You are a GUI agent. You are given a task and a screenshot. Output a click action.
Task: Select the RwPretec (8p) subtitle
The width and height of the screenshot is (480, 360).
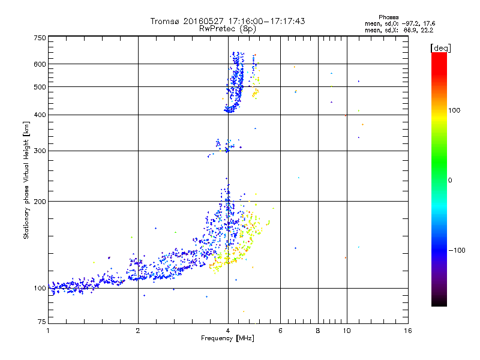(x=227, y=28)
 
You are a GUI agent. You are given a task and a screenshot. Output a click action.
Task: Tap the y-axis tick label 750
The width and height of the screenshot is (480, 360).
(x=40, y=38)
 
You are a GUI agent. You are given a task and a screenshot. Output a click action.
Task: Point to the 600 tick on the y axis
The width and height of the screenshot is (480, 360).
(x=40, y=64)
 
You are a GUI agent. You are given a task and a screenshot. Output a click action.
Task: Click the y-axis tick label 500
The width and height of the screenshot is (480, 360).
(x=40, y=87)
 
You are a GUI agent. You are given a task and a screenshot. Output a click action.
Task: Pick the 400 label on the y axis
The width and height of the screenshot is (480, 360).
(x=40, y=115)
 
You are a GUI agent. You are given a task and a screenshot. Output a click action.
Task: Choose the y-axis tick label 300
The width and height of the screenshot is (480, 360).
(x=40, y=151)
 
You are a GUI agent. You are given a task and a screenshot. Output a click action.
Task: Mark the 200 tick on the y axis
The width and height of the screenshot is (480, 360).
(x=40, y=202)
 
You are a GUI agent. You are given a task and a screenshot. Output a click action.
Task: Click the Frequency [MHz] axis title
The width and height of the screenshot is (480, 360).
(x=228, y=339)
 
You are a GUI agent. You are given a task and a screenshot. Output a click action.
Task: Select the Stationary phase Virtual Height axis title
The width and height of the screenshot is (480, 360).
(x=26, y=180)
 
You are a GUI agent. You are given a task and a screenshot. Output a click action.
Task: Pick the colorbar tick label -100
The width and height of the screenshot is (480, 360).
(x=459, y=250)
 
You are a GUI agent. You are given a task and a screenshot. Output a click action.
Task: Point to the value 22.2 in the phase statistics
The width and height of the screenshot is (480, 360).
(x=426, y=29)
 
